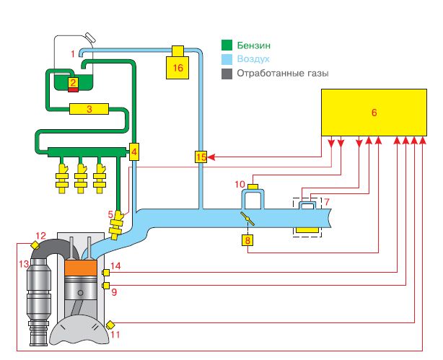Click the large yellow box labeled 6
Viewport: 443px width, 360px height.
[373, 112]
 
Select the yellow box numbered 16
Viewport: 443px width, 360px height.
[177, 66]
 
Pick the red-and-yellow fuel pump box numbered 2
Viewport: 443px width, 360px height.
[72, 84]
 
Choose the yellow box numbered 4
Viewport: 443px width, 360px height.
[134, 152]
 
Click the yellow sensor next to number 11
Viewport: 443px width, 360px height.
[110, 324]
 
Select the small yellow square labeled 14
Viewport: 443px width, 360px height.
[106, 273]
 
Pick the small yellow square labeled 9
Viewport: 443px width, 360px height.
[106, 287]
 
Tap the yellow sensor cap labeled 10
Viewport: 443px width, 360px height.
[253, 188]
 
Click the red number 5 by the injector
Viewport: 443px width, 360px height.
[111, 214]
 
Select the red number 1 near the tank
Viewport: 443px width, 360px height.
[72, 54]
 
